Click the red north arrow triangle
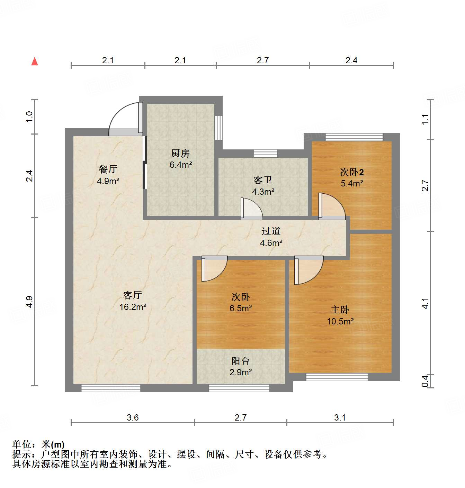pyautogui.click(x=35, y=62)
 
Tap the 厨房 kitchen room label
pyautogui.click(x=180, y=153)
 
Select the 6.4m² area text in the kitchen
pyautogui.click(x=180, y=165)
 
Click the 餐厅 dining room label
pyautogui.click(x=108, y=169)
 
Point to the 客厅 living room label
pyautogui.click(x=132, y=295)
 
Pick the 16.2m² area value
pyautogui.click(x=133, y=307)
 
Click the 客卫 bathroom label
pyautogui.click(x=262, y=180)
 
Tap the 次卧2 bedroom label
pyautogui.click(x=351, y=172)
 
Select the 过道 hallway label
pyautogui.click(x=271, y=231)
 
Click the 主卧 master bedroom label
pyautogui.click(x=340, y=310)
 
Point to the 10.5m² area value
pyautogui.click(x=340, y=321)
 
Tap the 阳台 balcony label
pyautogui.click(x=240, y=361)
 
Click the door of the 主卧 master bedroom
pyautogui.click(x=308, y=270)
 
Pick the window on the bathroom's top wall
pyautogui.click(x=265, y=153)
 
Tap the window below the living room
pyautogui.click(x=110, y=388)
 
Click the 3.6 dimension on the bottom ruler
pyautogui.click(x=132, y=417)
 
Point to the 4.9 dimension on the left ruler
pyautogui.click(x=30, y=302)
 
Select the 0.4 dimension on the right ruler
pyautogui.click(x=425, y=381)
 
